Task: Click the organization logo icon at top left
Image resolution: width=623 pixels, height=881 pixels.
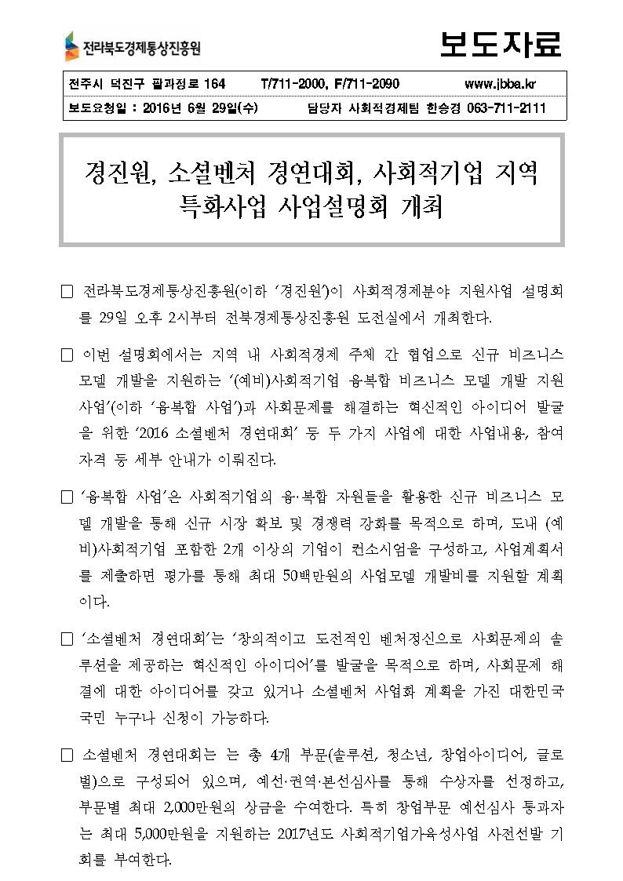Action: (72, 47)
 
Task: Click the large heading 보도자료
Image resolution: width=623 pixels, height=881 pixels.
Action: (501, 45)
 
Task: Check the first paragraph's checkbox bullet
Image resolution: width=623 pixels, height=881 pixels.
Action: (67, 293)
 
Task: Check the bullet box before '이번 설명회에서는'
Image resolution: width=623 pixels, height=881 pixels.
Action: (67, 354)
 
